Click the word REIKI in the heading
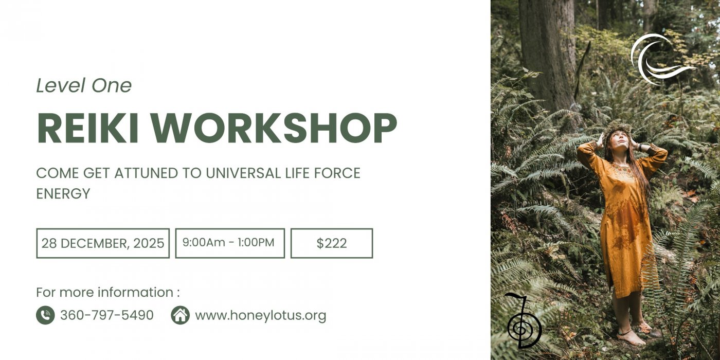tap(88, 128)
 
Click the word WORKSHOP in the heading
tap(274, 128)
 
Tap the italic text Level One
tap(84, 85)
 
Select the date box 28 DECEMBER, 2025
tap(103, 243)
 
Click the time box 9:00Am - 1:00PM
tap(230, 243)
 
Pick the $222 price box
tap(332, 243)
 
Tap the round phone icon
tap(45, 315)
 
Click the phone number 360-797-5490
tap(107, 315)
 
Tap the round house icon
tap(181, 315)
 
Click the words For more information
tap(105, 292)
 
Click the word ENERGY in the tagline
tap(63, 193)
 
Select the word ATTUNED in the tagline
tap(146, 173)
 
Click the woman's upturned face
tap(619, 140)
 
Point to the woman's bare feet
tap(633, 336)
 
